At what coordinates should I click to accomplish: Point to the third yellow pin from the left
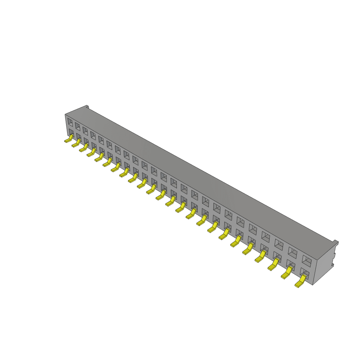pyautogui.click(x=84, y=148)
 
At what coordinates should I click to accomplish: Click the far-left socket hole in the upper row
pyautogui.click(x=70, y=122)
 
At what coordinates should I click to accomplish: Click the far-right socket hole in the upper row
pyautogui.click(x=307, y=261)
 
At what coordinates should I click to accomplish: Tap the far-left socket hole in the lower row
pyautogui.click(x=71, y=133)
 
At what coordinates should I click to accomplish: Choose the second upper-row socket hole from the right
pyautogui.click(x=292, y=252)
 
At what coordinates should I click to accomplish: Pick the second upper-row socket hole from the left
pyautogui.click(x=77, y=126)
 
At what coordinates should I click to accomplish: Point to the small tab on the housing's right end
pyautogui.click(x=336, y=242)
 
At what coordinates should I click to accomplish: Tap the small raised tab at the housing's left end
pyautogui.click(x=88, y=107)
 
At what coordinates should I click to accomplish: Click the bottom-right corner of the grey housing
pyautogui.click(x=313, y=284)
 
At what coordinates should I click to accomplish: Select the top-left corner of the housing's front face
pyautogui.click(x=65, y=115)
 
